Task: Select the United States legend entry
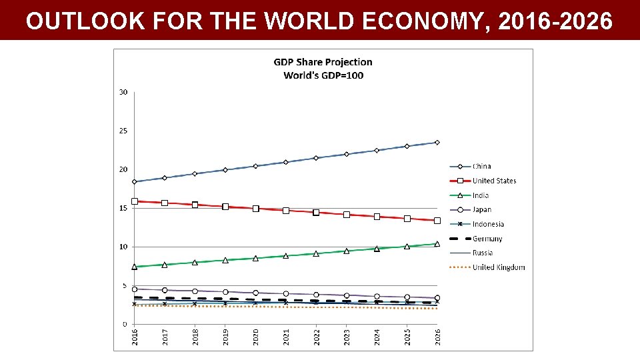[494, 181]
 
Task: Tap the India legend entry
[480, 195]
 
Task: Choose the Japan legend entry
[481, 209]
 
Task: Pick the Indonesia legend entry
[488, 224]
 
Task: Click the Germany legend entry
[487, 239]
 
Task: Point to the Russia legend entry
[483, 253]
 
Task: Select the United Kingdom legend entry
[498, 267]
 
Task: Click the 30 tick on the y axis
[123, 92]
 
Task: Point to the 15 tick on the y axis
[123, 208]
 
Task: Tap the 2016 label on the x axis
[135, 337]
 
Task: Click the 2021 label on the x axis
[286, 337]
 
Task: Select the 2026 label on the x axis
[437, 337]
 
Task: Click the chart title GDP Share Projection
[323, 62]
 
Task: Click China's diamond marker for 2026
[437, 142]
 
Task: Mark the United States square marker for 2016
[135, 201]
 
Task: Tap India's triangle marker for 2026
[437, 244]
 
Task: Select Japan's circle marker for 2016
[135, 289]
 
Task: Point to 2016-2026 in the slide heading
[555, 21]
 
